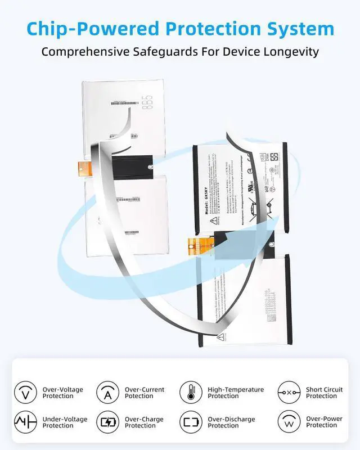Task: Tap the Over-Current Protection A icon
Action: tap(108, 392)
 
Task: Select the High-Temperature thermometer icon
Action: tap(191, 392)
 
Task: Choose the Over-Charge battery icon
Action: tap(108, 422)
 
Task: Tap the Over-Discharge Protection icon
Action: tap(191, 422)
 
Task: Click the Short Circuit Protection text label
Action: tap(324, 393)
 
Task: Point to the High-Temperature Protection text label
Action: tap(236, 393)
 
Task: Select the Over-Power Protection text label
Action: tap(325, 422)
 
